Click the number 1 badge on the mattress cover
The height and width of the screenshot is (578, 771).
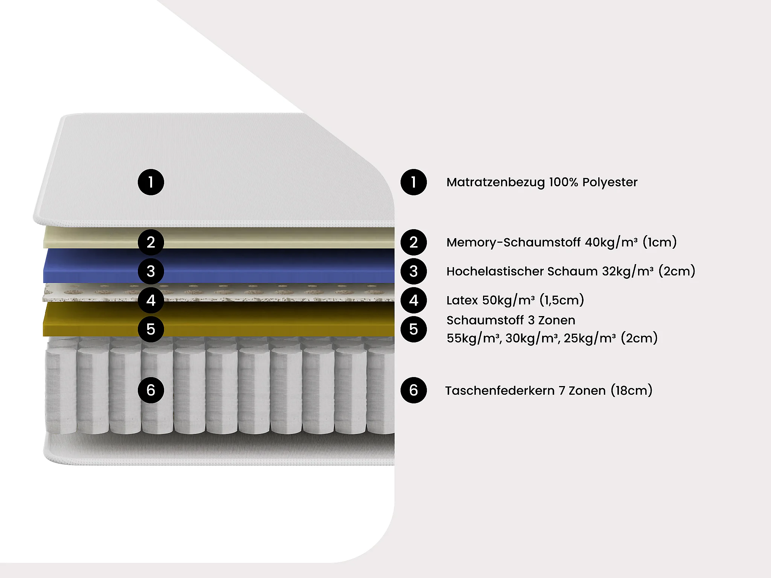coord(151,182)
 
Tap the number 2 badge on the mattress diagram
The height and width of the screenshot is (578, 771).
coord(151,242)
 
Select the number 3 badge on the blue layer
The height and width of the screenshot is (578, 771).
coord(151,271)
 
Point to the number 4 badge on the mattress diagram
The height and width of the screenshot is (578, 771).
coord(151,300)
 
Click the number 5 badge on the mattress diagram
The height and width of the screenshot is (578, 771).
coord(151,329)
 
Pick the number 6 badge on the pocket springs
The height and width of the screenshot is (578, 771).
coord(151,390)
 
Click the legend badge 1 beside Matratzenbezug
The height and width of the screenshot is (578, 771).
coord(413,182)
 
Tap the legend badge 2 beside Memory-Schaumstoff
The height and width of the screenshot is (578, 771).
coord(413,242)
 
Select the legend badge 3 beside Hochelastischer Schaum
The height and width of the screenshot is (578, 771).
coord(413,271)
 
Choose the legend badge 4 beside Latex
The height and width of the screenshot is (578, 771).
coord(413,300)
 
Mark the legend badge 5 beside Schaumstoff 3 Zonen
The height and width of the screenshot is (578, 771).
coord(413,329)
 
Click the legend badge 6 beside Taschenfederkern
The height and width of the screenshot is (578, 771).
coord(413,390)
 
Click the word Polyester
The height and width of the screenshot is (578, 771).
coord(610,183)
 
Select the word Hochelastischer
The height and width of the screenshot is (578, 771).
coord(495,271)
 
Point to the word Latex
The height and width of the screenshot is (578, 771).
coord(462,300)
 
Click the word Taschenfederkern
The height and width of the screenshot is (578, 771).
coord(500,391)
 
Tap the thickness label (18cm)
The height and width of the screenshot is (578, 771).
coord(631,391)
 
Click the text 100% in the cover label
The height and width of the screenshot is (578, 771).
coord(563,182)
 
